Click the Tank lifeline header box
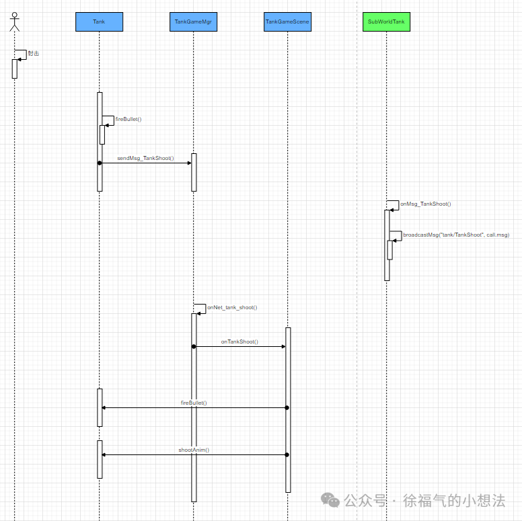pyautogui.click(x=99, y=22)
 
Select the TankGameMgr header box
pyautogui.click(x=193, y=22)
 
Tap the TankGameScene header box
pyautogui.click(x=287, y=22)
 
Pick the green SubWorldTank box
pyautogui.click(x=386, y=22)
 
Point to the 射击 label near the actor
pyautogui.click(x=34, y=53)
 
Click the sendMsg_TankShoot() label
pyautogui.click(x=145, y=159)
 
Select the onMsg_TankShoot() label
pyautogui.click(x=425, y=204)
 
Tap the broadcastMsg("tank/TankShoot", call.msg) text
pyautogui.click(x=456, y=235)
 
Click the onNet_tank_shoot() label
pyautogui.click(x=232, y=307)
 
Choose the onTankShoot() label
pyautogui.click(x=239, y=342)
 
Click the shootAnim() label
pyautogui.click(x=194, y=450)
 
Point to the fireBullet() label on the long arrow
pyautogui.click(x=194, y=403)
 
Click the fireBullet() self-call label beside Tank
pyautogui.click(x=128, y=119)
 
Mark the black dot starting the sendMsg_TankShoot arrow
pyautogui.click(x=99, y=163)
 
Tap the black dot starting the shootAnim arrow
pyautogui.click(x=287, y=454)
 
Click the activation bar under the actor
pyautogui.click(x=14, y=69)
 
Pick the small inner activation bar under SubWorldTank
pyautogui.click(x=389, y=249)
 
